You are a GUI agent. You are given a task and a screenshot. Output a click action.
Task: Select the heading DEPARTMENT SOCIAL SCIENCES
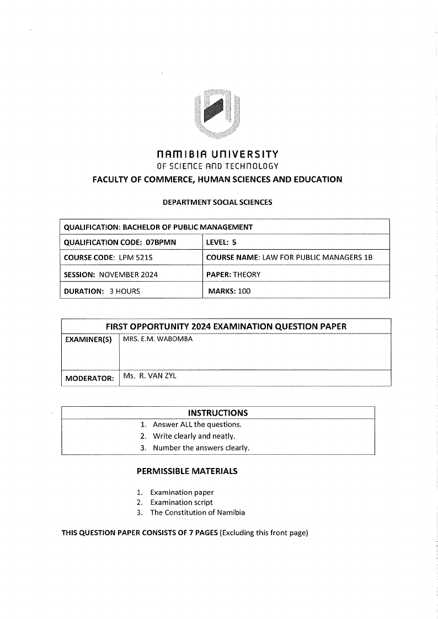pyautogui.click(x=217, y=202)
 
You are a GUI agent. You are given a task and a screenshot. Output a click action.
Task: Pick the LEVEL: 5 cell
pyautogui.click(x=221, y=242)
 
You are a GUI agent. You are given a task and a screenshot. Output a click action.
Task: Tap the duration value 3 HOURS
pyautogui.click(x=125, y=291)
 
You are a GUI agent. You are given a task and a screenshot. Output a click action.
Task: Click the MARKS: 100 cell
pyautogui.click(x=229, y=291)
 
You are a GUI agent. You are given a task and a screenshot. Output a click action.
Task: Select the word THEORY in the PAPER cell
pyautogui.click(x=247, y=274)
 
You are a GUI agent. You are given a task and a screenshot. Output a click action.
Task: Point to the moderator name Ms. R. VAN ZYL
pyautogui.click(x=150, y=376)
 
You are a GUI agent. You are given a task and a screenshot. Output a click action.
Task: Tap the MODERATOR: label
pyautogui.click(x=89, y=378)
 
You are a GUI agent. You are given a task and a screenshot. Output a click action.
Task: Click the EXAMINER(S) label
pyautogui.click(x=88, y=340)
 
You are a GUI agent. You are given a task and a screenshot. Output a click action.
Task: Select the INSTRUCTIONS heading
pyautogui.click(x=218, y=413)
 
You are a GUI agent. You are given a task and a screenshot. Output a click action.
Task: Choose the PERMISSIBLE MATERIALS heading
pyautogui.click(x=187, y=471)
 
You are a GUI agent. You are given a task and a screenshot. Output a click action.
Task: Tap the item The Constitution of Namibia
pyautogui.click(x=197, y=512)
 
